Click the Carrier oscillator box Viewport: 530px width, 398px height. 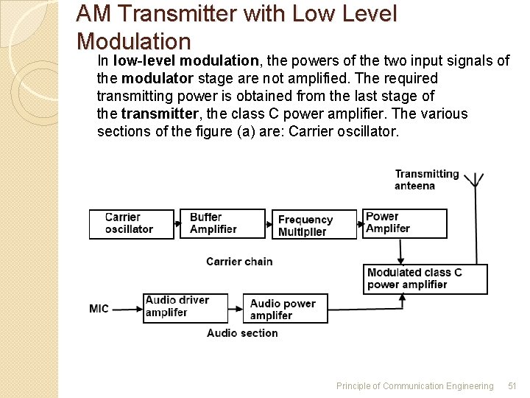point(132,223)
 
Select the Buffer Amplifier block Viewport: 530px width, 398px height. point(222,223)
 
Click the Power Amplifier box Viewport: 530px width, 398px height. point(404,223)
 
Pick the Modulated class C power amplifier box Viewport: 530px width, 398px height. point(425,279)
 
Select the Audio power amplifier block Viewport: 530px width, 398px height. point(285,309)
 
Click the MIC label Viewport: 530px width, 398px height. point(99,308)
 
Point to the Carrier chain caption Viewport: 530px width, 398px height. point(239,262)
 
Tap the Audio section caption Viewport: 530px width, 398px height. point(242,333)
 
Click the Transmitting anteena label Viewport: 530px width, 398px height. point(426,180)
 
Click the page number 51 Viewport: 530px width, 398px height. point(513,385)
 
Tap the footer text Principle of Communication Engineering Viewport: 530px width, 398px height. point(414,385)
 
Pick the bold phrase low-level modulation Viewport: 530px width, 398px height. point(185,60)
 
